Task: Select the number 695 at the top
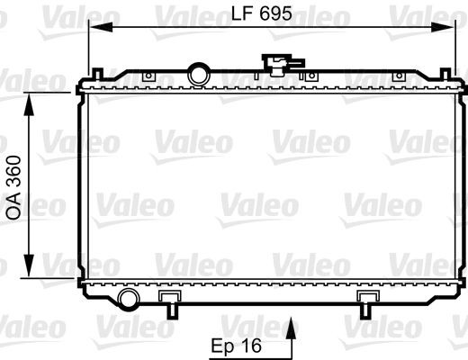coord(275,14)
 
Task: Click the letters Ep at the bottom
coord(223,346)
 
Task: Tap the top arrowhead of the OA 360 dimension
coord(33,98)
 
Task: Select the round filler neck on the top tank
coord(197,72)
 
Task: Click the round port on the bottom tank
coord(129,298)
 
